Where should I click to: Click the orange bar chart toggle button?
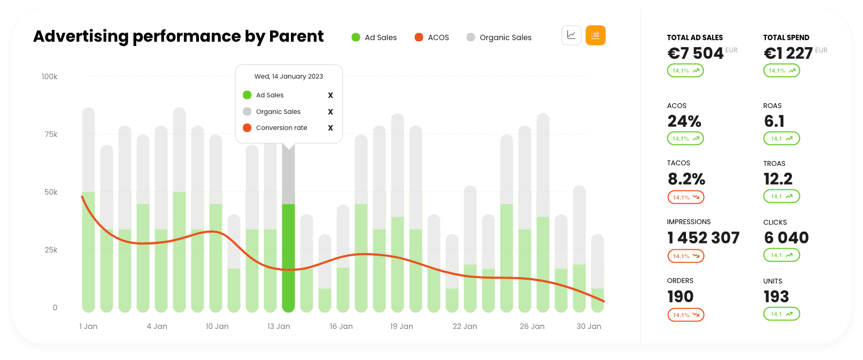pyautogui.click(x=595, y=35)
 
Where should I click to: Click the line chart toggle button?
pyautogui.click(x=572, y=35)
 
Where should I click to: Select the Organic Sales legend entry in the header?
pyautogui.click(x=499, y=37)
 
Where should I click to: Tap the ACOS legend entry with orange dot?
pyautogui.click(x=432, y=37)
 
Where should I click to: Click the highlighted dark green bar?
pyautogui.click(x=288, y=257)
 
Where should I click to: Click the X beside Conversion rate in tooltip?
pyautogui.click(x=330, y=128)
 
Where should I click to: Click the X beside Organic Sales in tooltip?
pyautogui.click(x=330, y=112)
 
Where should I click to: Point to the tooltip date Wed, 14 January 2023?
pyautogui.click(x=289, y=76)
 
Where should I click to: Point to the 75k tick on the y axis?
pyautogui.click(x=51, y=134)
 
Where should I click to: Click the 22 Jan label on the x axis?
pyautogui.click(x=465, y=326)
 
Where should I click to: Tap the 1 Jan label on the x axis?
pyautogui.click(x=88, y=326)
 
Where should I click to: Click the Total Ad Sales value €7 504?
pyautogui.click(x=695, y=53)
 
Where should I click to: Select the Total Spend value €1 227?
pyautogui.click(x=788, y=53)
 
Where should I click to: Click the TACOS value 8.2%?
pyautogui.click(x=687, y=179)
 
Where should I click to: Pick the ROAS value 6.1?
pyautogui.click(x=774, y=121)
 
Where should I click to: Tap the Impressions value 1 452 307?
pyautogui.click(x=703, y=238)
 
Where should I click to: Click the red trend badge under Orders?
pyautogui.click(x=685, y=315)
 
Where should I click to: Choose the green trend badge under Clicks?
pyautogui.click(x=781, y=256)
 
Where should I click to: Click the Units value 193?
pyautogui.click(x=776, y=297)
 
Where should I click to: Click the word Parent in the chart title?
pyautogui.click(x=296, y=36)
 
